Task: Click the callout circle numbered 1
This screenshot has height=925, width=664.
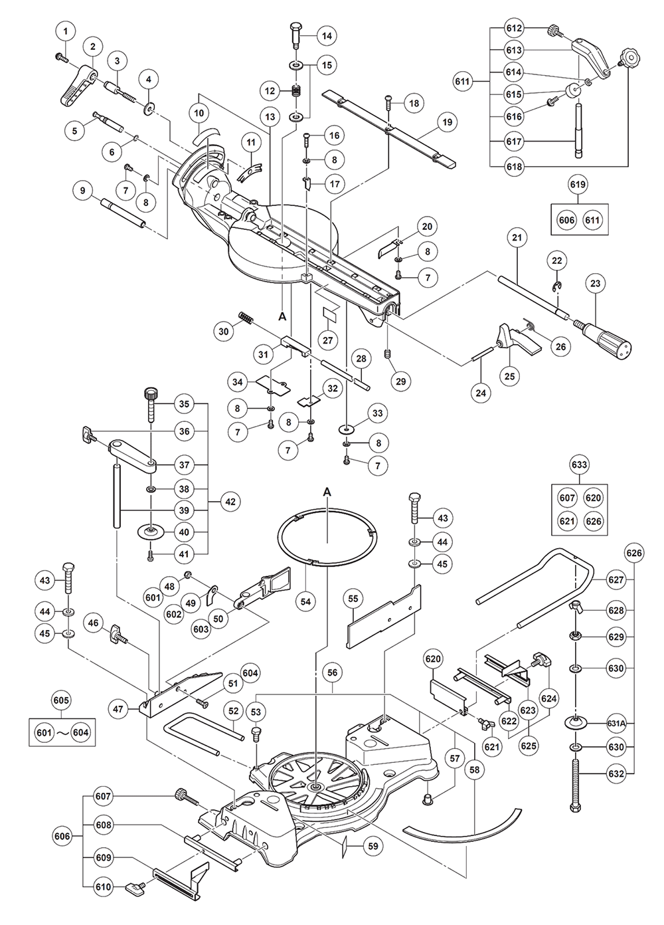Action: pos(65,30)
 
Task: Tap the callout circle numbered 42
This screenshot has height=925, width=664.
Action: pos(230,502)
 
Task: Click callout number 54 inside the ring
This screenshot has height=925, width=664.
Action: pos(305,601)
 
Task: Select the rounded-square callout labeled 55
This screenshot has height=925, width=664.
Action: pos(353,599)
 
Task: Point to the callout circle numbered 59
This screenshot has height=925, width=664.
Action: pos(373,846)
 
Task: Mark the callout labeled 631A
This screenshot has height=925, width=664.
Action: pos(616,724)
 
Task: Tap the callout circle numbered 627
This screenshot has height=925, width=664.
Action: pos(616,579)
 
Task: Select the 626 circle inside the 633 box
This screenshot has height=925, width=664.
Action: pos(594,521)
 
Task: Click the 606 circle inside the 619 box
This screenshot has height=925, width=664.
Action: pos(566,221)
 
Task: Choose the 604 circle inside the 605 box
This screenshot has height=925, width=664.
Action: pos(80,732)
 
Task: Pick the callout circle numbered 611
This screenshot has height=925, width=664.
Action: pos(463,82)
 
